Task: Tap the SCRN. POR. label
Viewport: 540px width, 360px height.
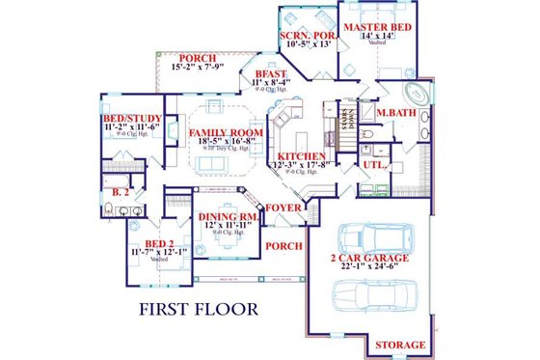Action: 307,37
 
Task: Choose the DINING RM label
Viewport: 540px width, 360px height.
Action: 229,217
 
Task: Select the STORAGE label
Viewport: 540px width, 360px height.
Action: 399,345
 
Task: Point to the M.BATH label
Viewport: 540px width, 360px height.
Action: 395,115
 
